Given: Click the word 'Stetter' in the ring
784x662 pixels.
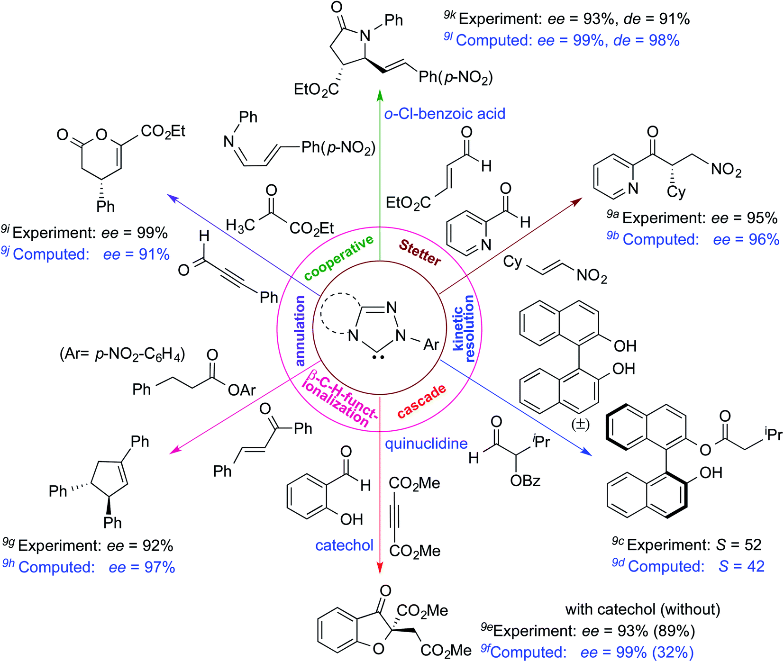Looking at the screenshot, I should (x=420, y=253).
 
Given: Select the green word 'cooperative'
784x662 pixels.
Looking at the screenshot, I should (x=338, y=259).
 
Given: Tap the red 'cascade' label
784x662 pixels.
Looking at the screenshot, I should (x=421, y=401).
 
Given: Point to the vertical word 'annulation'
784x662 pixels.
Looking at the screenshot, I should (x=300, y=331).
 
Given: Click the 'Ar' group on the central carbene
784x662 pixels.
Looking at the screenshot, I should (x=431, y=345).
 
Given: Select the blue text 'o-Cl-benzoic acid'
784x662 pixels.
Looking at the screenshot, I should (x=445, y=114).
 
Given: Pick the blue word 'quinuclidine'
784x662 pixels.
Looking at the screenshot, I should (x=426, y=444).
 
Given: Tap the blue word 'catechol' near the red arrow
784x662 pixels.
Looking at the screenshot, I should (x=344, y=545).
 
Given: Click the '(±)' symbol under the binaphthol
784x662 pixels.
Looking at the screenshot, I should (x=580, y=424).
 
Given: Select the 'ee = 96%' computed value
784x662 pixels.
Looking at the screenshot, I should (x=746, y=239).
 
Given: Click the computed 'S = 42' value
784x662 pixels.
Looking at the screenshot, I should (x=741, y=566).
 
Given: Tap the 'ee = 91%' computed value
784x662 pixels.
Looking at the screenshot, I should (x=137, y=254).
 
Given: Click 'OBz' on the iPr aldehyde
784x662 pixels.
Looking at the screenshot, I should (x=525, y=481).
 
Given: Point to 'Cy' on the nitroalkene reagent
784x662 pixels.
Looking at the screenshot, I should (x=512, y=262).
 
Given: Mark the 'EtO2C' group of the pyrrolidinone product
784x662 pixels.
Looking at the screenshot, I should (x=316, y=89).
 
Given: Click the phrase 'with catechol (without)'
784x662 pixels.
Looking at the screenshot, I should (x=642, y=609).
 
